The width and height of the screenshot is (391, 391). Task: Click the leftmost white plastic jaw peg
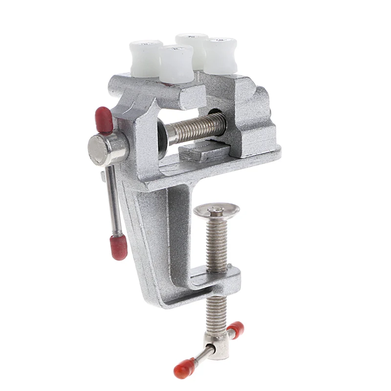[146, 58]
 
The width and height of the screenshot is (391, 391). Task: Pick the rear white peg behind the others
[192, 46]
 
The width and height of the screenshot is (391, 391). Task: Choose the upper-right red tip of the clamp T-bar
[236, 329]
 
